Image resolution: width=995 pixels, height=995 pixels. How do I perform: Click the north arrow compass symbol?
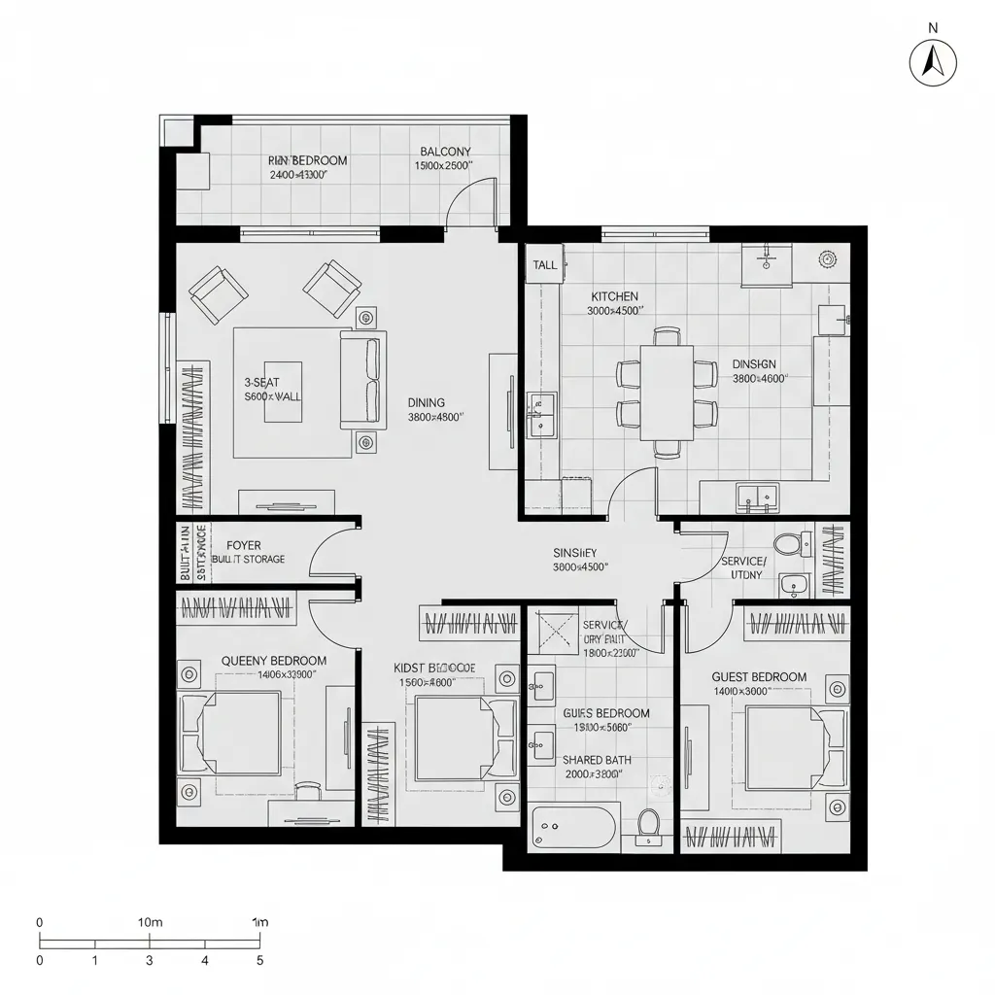tap(933, 63)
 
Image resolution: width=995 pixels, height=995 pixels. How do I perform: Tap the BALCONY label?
tap(445, 152)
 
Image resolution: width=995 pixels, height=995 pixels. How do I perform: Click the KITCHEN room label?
tap(614, 296)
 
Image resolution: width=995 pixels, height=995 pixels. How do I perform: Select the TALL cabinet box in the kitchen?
tap(545, 265)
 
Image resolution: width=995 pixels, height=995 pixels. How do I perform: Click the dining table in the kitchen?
tap(668, 392)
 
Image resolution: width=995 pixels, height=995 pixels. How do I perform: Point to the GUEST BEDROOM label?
tap(759, 677)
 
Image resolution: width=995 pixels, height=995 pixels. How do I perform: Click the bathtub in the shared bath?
tap(574, 827)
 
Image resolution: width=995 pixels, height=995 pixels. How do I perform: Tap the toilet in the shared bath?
tap(648, 824)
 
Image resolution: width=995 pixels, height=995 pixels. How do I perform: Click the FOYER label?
tap(243, 546)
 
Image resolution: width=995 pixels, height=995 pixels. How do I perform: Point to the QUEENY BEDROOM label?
tap(274, 661)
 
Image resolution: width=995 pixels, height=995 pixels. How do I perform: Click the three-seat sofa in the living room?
tap(362, 380)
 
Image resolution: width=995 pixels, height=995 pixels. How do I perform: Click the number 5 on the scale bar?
tap(259, 960)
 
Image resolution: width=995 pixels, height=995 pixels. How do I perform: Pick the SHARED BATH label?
tap(594, 761)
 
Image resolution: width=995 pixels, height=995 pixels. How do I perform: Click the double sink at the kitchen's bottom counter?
tap(756, 497)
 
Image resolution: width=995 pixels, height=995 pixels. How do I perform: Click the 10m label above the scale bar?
tap(150, 921)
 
